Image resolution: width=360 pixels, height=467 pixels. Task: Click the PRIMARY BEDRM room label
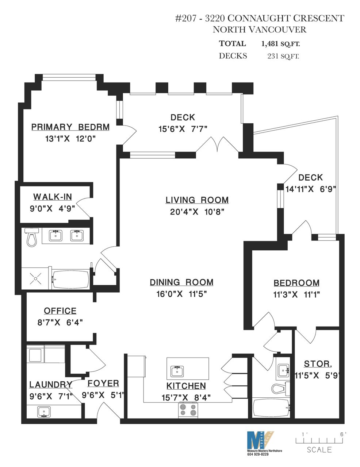click(70, 127)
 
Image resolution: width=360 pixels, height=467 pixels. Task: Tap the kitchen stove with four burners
click(188, 410)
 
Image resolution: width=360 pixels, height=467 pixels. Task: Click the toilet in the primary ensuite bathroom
click(32, 237)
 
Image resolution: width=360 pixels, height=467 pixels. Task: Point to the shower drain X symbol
click(35, 278)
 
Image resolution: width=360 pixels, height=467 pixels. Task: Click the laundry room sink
click(44, 412)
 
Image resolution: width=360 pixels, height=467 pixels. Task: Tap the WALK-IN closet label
click(53, 197)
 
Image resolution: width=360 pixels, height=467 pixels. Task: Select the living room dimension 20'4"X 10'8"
click(197, 212)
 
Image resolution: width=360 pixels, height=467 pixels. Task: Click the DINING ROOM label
click(181, 282)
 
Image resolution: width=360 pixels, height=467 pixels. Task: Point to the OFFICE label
click(60, 311)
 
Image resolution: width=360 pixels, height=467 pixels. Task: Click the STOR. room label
click(318, 364)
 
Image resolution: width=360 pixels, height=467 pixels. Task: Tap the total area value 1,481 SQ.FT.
click(280, 44)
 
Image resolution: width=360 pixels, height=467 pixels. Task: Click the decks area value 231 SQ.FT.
click(283, 56)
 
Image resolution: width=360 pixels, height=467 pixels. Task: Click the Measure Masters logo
click(260, 439)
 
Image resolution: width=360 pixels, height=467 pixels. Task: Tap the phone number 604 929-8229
click(258, 454)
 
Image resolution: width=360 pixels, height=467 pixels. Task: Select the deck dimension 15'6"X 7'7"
click(183, 129)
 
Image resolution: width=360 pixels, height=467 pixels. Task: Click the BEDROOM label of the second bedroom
click(296, 283)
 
